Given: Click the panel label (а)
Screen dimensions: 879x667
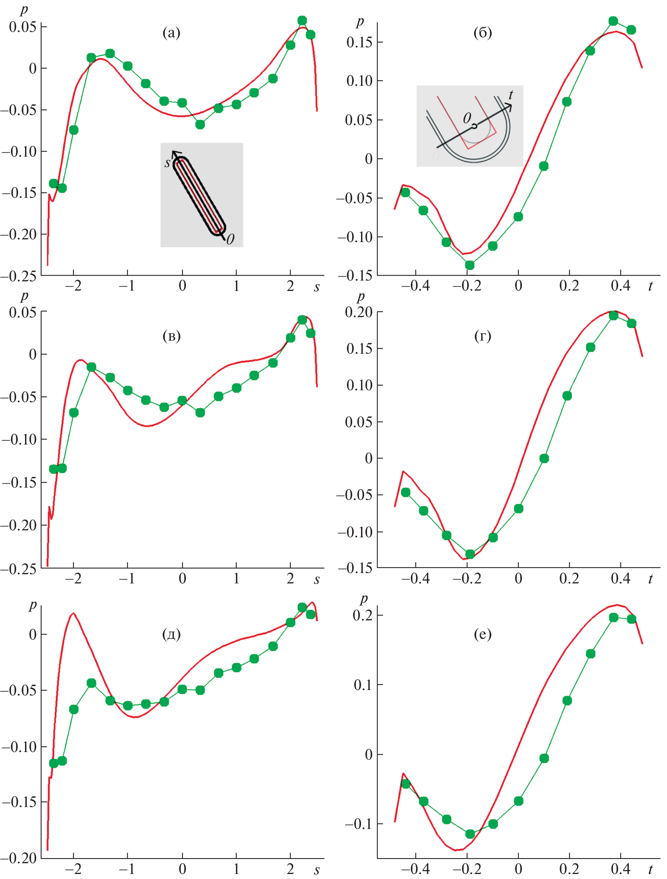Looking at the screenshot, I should pyautogui.click(x=171, y=33).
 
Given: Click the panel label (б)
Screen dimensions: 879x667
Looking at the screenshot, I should pyautogui.click(x=483, y=33).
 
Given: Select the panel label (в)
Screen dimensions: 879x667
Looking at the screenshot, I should pyautogui.click(x=171, y=336).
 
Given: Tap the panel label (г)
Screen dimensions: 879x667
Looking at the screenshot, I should pyautogui.click(x=483, y=336).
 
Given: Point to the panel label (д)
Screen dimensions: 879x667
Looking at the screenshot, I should pyautogui.click(x=171, y=634).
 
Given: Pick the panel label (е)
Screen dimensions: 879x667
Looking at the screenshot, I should pyautogui.click(x=483, y=634).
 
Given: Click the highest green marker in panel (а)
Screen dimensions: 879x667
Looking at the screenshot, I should pyautogui.click(x=302, y=21).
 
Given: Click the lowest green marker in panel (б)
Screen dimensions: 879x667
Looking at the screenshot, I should pyautogui.click(x=470, y=265).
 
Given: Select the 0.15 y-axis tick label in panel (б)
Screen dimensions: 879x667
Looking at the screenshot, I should pyautogui.click(x=359, y=42).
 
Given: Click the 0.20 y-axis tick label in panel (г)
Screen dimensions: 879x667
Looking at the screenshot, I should pyautogui.click(x=359, y=312).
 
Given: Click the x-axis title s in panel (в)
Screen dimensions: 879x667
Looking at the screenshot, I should pyautogui.click(x=317, y=580).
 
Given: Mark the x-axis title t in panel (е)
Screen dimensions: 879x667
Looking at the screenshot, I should pyautogui.click(x=650, y=869).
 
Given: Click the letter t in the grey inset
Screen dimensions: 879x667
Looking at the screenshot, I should pyautogui.click(x=511, y=95).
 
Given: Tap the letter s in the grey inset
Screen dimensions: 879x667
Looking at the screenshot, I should pyautogui.click(x=167, y=162).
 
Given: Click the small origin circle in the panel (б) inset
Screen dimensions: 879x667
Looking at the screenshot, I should pyautogui.click(x=474, y=126).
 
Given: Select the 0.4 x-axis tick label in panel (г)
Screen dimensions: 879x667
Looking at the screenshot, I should pyautogui.click(x=620, y=578).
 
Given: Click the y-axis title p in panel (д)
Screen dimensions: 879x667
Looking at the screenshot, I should pyautogui.click(x=33, y=605).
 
